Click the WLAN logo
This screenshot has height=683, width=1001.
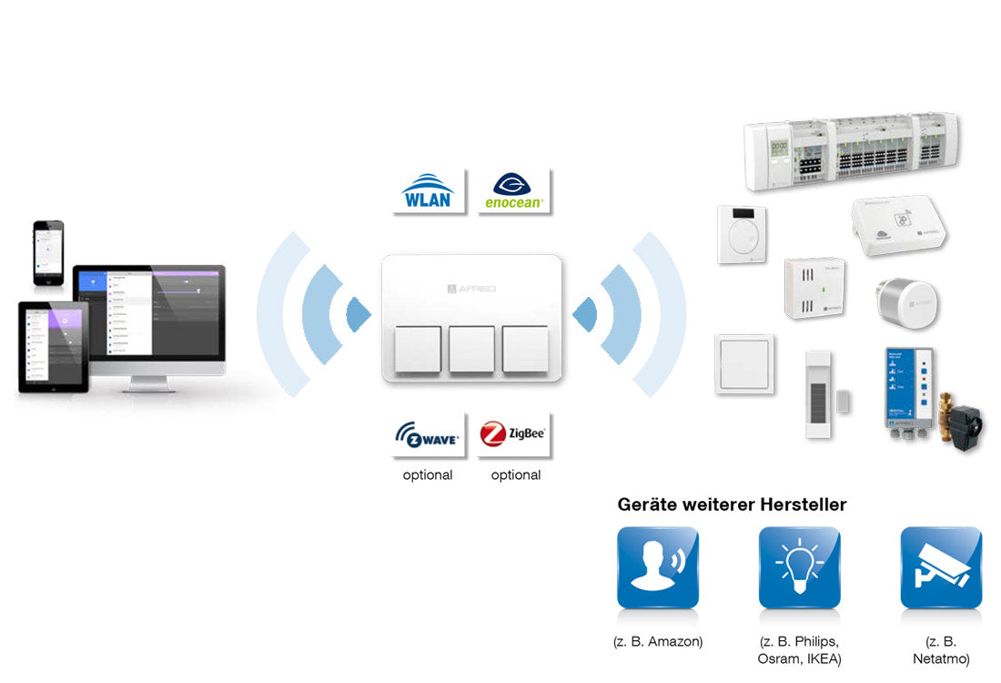428,190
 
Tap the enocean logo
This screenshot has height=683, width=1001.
515,190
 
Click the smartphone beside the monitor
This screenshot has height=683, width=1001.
48,251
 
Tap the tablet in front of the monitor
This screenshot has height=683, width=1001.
53,347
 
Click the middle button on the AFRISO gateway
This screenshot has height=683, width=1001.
471,350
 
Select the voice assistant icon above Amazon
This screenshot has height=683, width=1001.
657,567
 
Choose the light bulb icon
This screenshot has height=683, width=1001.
799,567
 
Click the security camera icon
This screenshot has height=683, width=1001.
941,567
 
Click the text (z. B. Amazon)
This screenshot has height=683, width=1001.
658,641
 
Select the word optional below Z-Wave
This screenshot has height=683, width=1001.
428,475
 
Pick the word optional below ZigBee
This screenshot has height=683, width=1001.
515,475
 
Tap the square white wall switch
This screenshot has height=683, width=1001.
744,363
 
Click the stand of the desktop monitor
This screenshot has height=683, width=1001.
151,382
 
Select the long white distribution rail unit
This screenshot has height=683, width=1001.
852,150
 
